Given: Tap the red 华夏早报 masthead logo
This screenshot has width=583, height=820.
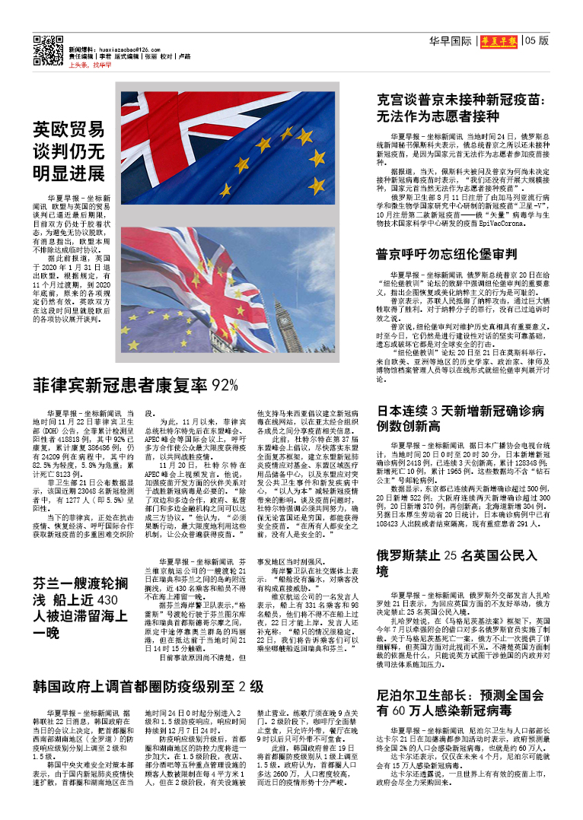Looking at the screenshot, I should (x=499, y=41).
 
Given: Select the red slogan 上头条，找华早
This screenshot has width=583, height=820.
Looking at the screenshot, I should (x=90, y=66).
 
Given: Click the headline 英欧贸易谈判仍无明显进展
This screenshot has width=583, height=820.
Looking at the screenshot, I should (x=68, y=151).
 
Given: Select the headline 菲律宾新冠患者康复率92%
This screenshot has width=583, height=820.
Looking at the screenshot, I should (x=135, y=385).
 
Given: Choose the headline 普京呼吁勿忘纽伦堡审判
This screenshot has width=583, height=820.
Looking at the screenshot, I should (x=447, y=254).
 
